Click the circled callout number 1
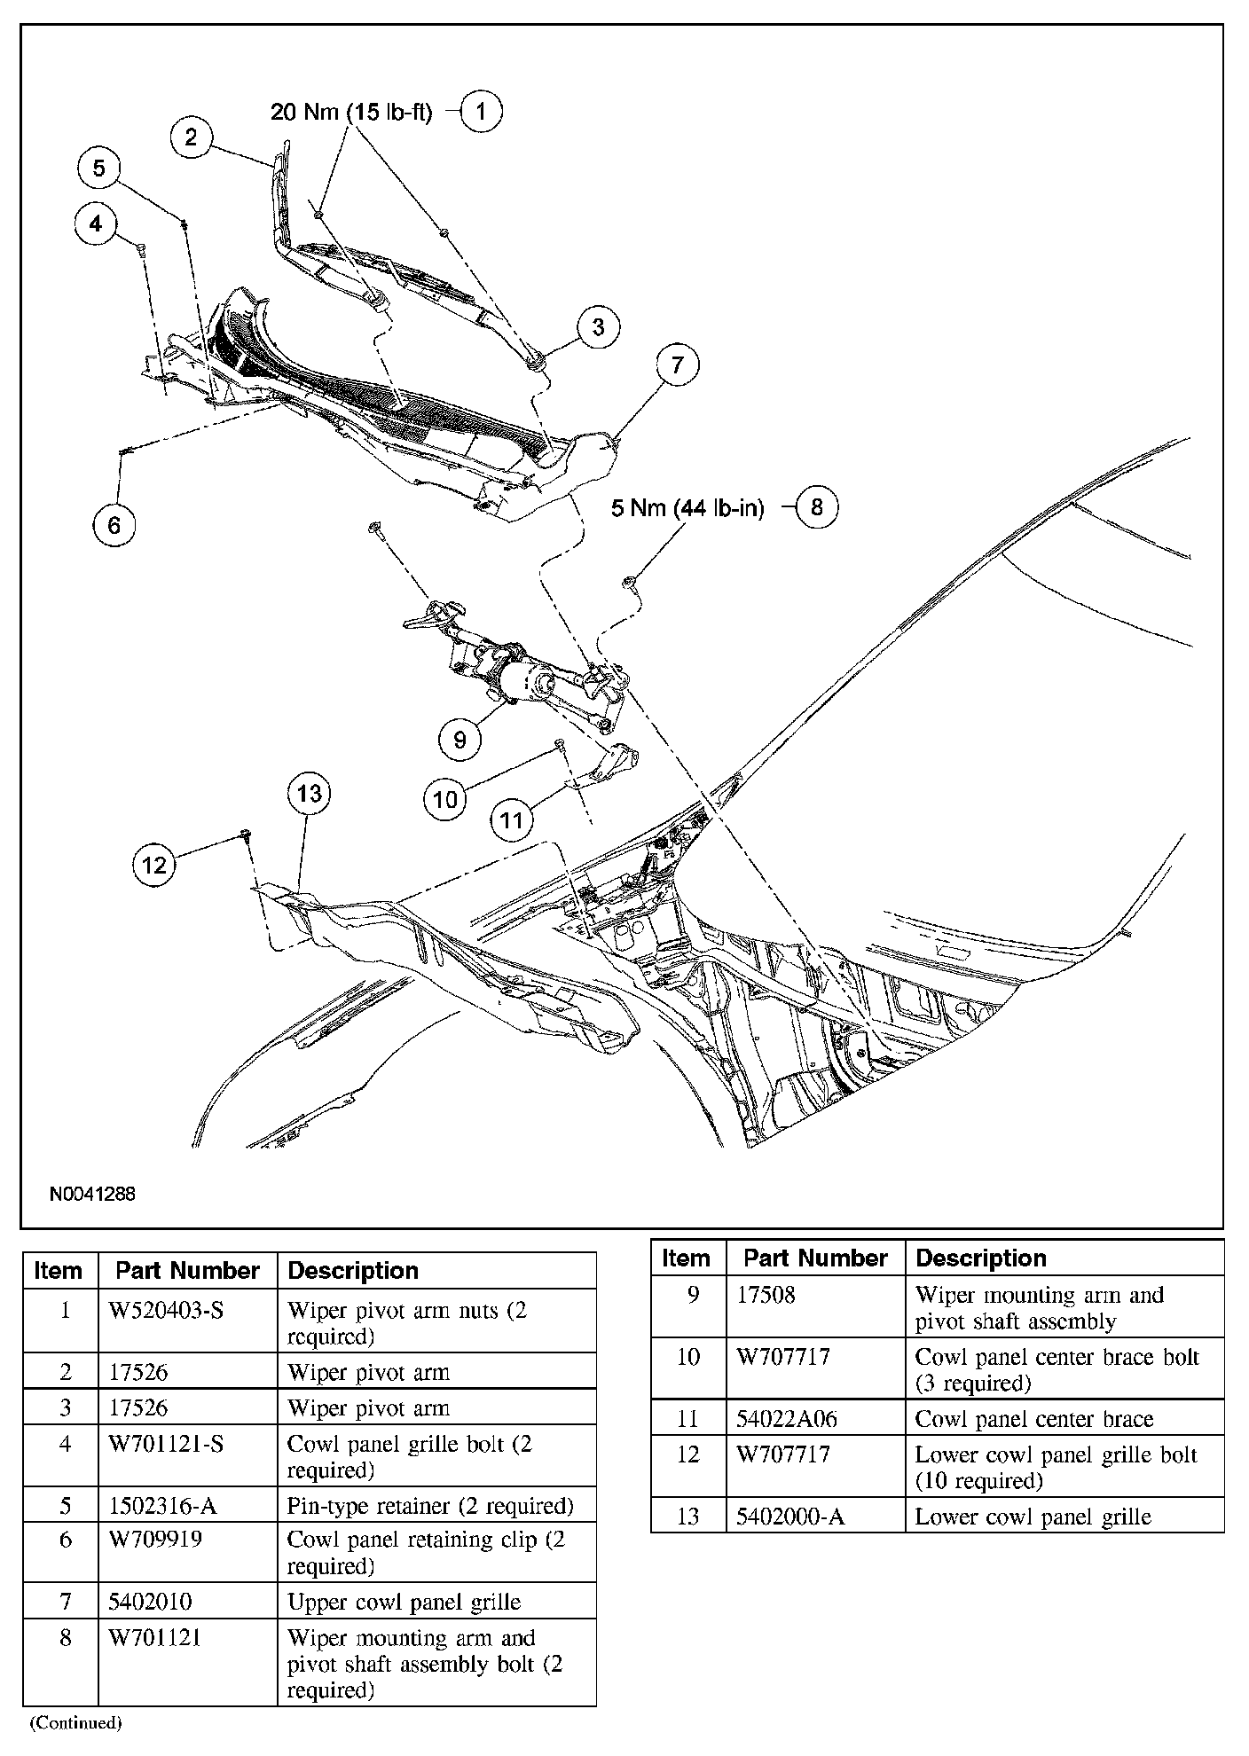[x=482, y=112]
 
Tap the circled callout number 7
[x=678, y=365]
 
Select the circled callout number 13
[x=309, y=792]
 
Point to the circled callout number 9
[x=460, y=739]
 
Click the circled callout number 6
[x=114, y=525]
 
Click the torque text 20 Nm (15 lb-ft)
[x=351, y=113]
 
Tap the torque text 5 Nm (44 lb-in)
[x=687, y=509]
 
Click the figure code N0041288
[x=92, y=1194]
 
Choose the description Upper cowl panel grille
[x=404, y=1602]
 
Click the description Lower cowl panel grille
[x=1033, y=1517]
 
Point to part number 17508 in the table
[x=766, y=1296]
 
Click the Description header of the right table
[x=981, y=1258]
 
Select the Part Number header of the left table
[x=187, y=1270]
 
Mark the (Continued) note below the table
[x=75, y=1723]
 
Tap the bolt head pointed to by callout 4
[x=141, y=248]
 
